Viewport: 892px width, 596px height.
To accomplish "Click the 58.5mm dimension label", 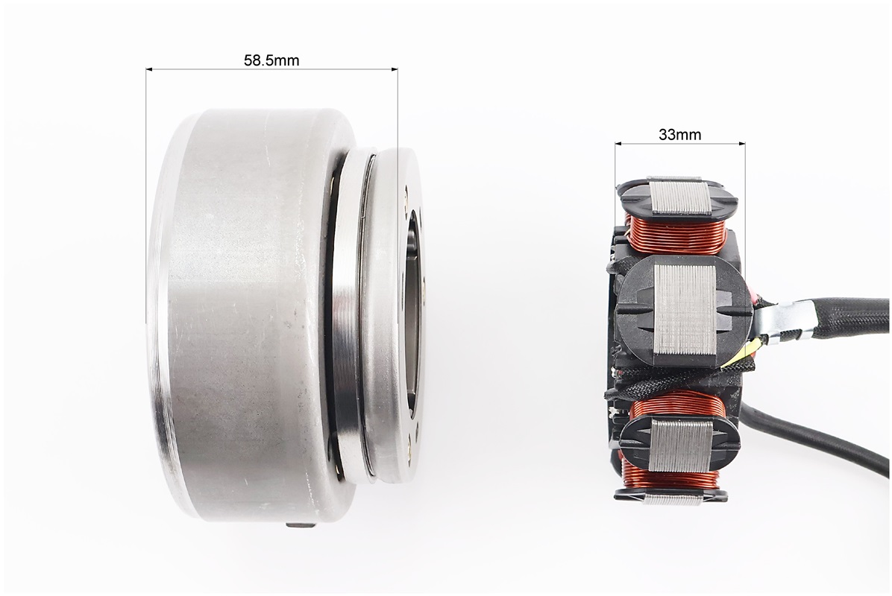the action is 271,60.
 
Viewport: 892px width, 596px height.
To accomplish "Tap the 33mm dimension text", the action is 679,135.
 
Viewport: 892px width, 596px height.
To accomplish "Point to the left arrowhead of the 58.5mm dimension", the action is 150,69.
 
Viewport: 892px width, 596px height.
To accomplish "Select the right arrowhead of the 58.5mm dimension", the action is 394,69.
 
